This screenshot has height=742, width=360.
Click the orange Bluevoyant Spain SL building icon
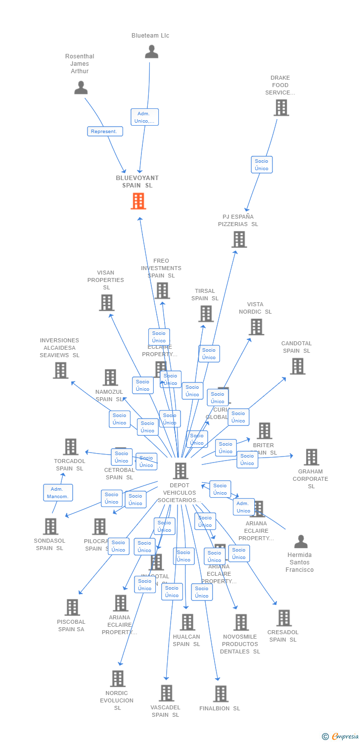pos(138,201)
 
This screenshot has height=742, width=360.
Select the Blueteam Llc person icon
pos(151,51)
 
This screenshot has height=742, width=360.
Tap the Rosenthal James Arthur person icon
pos(81,88)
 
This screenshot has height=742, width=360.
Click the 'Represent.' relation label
pos(105,132)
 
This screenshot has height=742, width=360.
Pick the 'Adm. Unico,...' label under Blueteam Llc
pos(144,117)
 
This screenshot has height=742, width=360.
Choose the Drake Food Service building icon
pos(281,107)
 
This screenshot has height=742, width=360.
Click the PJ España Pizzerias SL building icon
pos(239,239)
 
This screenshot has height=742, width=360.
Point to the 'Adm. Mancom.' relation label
pos(58,493)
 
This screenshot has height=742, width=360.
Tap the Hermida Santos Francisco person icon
pos(301,542)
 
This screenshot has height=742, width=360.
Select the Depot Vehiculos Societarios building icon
pos(180,471)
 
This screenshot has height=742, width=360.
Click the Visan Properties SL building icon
pos(106,303)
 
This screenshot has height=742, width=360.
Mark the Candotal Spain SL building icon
pos(297,366)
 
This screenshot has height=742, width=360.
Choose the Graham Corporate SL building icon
pos(311,457)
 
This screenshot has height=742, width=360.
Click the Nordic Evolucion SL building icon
pos(118,679)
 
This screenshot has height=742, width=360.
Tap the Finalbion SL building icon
pos(221,694)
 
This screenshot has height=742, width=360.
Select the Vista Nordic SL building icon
pos(256,326)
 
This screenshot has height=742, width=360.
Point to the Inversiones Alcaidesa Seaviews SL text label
pos(59,348)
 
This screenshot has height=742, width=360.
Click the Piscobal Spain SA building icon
pos(72,607)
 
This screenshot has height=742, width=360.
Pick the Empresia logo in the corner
pos(341,737)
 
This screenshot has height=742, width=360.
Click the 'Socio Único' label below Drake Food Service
pos(262,165)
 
